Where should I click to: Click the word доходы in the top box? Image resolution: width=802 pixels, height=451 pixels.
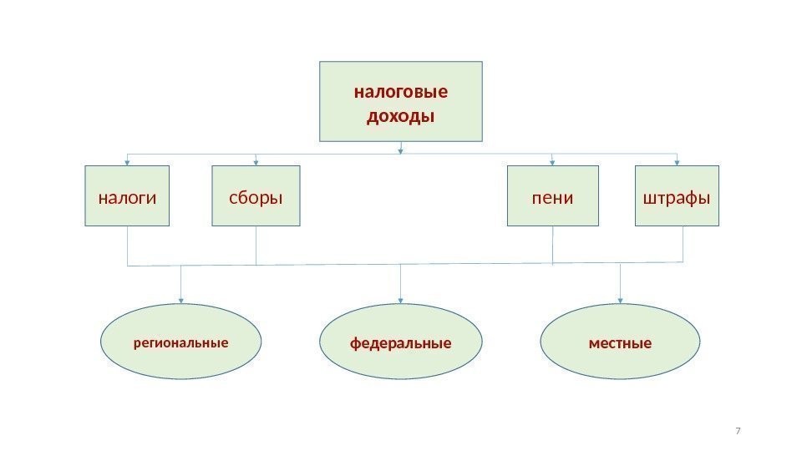click(401, 114)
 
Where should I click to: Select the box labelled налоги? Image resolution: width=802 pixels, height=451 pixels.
click(127, 196)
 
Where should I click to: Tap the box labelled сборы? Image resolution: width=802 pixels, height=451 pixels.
click(256, 196)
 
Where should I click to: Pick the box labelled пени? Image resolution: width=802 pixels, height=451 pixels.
click(553, 196)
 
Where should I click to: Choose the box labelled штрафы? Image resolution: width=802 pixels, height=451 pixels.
click(677, 196)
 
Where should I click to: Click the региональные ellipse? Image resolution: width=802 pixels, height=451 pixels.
click(180, 342)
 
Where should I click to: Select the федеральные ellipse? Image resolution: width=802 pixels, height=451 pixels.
click(401, 342)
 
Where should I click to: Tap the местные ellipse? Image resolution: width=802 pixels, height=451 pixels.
click(620, 342)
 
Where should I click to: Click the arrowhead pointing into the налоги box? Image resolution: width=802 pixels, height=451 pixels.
click(127, 162)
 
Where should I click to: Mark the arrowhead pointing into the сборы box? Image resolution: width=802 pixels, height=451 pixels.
click(256, 162)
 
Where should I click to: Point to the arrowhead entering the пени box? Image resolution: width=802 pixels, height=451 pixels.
click(553, 162)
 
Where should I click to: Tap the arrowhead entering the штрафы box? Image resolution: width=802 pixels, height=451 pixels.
click(677, 162)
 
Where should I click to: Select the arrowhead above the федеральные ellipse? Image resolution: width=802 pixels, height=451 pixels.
click(401, 300)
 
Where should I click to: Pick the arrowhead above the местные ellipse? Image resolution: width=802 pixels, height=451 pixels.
click(620, 300)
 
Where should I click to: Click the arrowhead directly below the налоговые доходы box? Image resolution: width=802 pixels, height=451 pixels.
click(401, 151)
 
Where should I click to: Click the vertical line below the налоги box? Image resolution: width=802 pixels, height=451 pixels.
click(127, 246)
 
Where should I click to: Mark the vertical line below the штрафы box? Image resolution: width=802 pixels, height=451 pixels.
click(683, 245)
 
